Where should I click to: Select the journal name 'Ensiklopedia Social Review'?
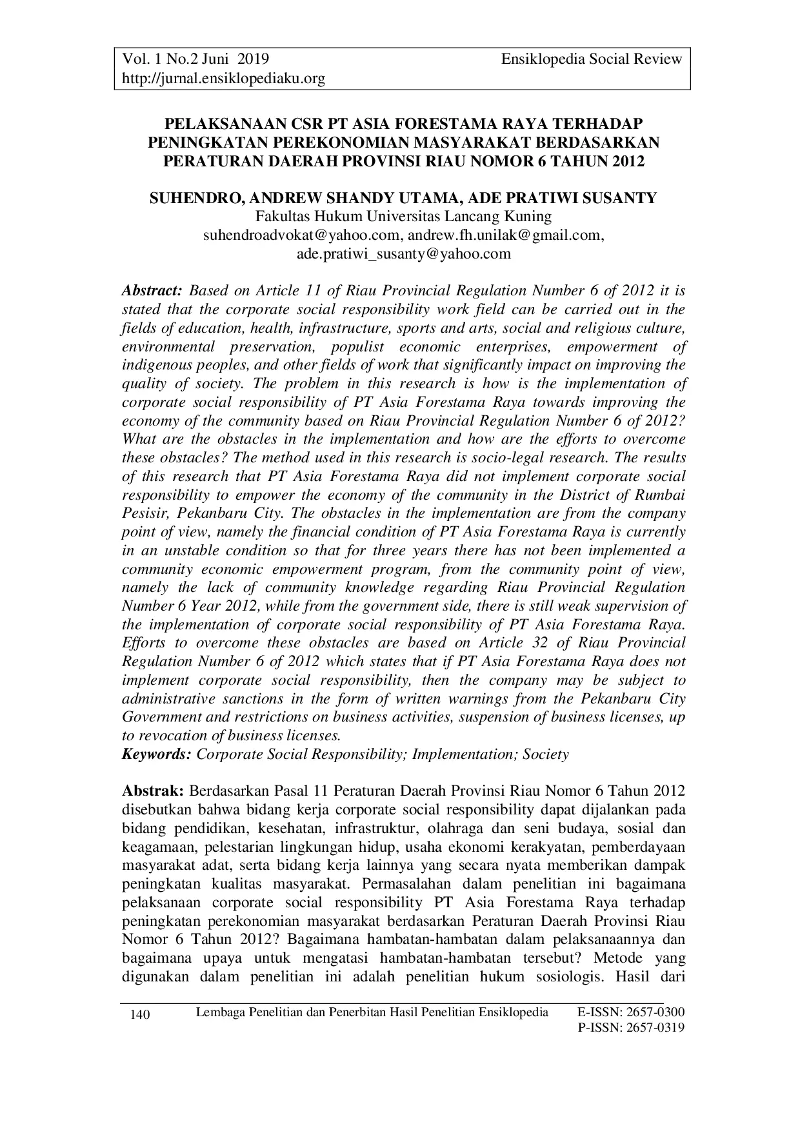(592, 59)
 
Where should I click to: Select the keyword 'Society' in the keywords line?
(546, 754)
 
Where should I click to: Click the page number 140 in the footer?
(140, 1016)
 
